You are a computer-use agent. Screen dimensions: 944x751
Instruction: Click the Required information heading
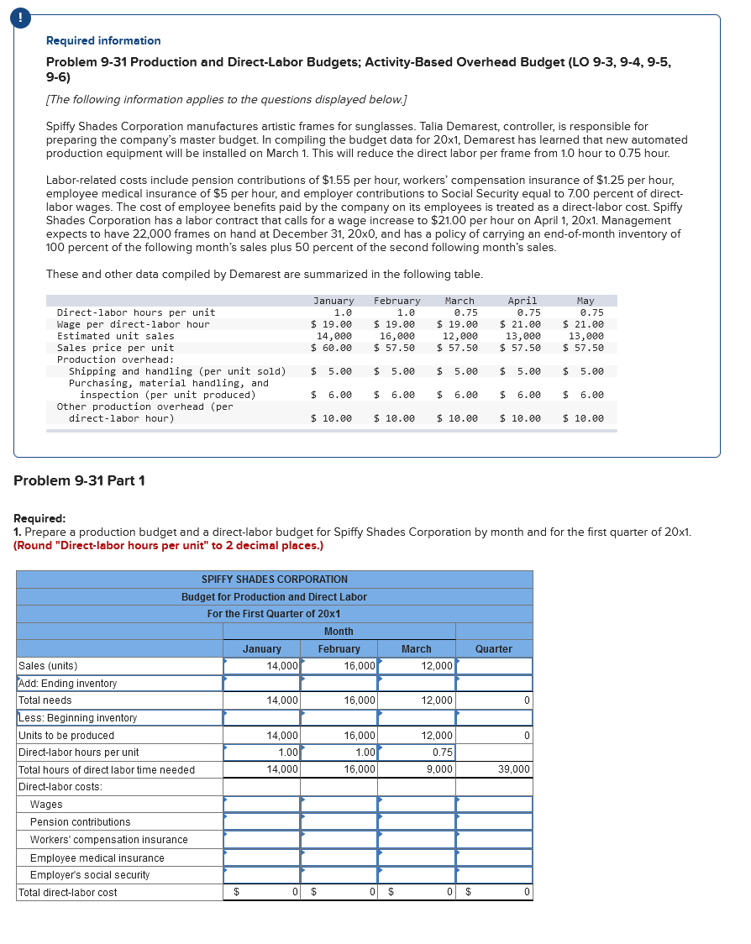103,40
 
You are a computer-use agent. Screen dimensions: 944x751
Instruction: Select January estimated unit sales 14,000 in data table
333,336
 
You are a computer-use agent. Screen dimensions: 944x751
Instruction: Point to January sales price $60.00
332,348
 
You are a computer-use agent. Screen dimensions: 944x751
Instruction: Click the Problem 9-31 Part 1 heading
80,480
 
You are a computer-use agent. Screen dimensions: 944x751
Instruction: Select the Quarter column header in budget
493,649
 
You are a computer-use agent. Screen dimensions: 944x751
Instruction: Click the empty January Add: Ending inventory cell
261,684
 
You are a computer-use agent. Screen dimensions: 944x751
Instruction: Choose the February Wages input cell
339,805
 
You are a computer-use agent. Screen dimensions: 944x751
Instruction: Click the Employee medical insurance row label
97,857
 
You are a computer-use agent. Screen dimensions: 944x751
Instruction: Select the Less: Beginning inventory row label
77,718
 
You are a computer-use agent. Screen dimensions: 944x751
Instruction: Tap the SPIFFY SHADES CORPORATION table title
274,580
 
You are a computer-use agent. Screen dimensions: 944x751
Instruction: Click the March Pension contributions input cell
416,822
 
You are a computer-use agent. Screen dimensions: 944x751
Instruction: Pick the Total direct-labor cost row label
68,892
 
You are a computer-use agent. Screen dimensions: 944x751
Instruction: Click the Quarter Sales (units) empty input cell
494,666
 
